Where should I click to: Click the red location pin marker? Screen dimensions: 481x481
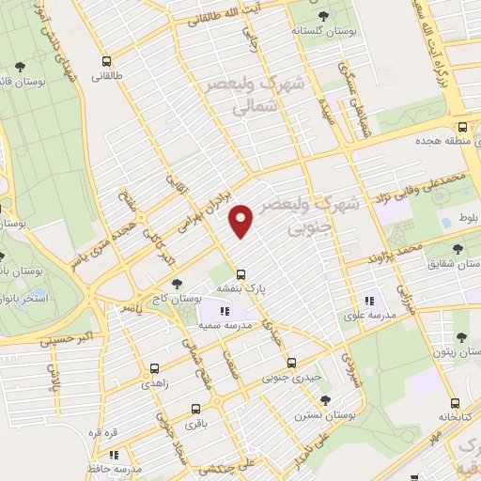point(242,222)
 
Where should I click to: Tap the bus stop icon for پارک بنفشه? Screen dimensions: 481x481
point(241,275)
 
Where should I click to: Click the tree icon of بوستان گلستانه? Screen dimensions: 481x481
point(323,16)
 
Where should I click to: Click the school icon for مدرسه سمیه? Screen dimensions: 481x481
point(224,311)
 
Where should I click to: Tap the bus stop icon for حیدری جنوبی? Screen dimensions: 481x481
point(290,363)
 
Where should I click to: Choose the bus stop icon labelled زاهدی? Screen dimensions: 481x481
point(154,369)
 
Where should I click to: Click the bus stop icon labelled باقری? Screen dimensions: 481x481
point(195,409)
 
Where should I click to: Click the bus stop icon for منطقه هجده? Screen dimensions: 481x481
point(462,128)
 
